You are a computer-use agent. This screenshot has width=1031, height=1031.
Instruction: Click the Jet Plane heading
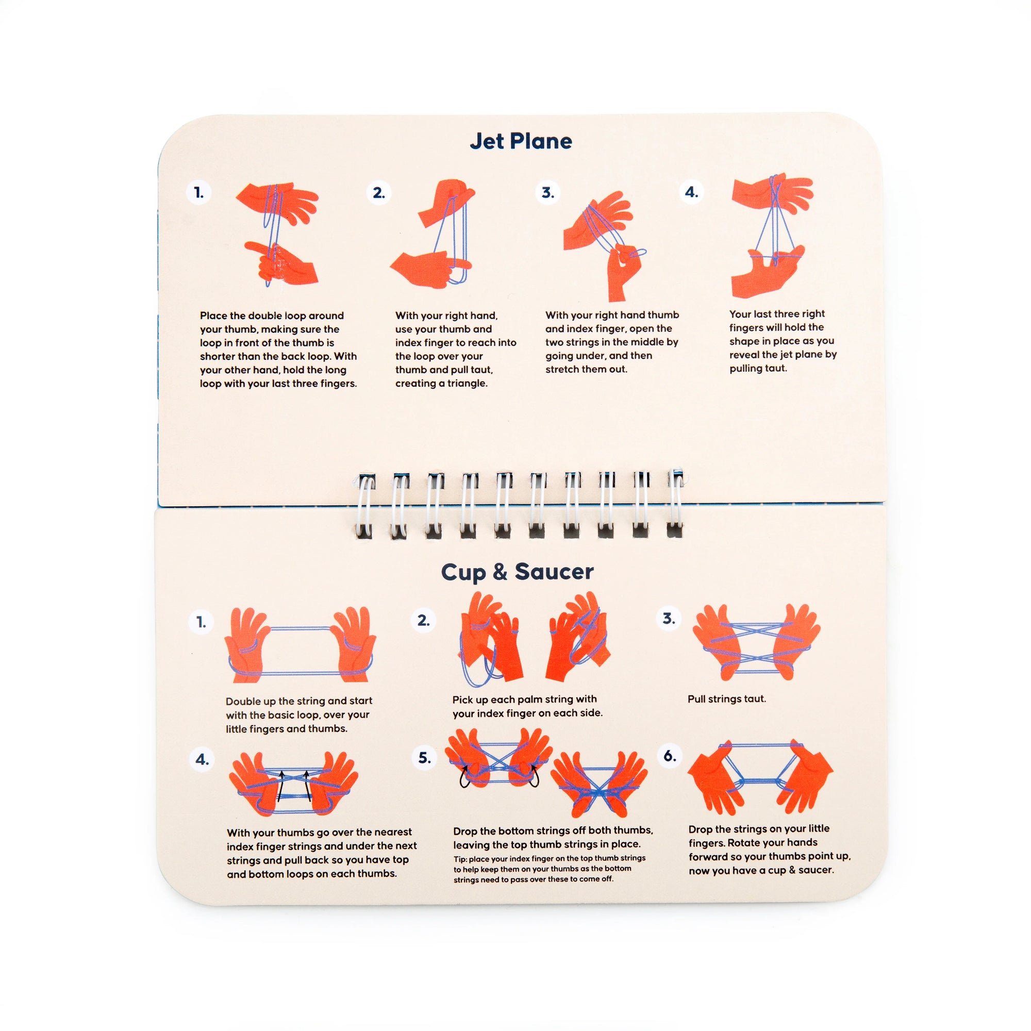pos(520,141)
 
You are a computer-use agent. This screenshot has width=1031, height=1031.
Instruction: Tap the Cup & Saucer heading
pos(517,572)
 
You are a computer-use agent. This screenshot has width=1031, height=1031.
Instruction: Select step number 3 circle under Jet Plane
pos(547,192)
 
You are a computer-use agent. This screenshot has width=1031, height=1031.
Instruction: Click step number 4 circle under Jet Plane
pos(691,192)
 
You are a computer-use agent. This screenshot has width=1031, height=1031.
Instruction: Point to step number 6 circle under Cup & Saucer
pos(670,756)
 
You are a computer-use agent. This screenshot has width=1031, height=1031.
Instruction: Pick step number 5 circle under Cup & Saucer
pos(424,758)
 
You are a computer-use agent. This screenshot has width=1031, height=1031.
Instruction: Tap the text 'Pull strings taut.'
pos(726,699)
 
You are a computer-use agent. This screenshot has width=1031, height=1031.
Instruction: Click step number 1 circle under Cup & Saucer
pos(201,622)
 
